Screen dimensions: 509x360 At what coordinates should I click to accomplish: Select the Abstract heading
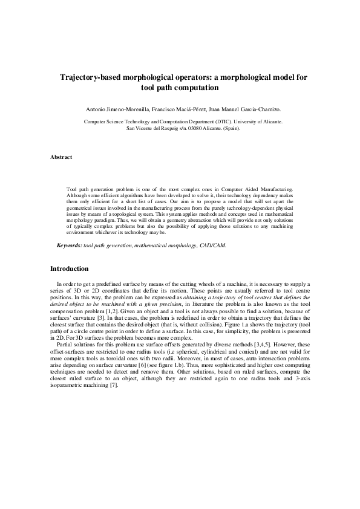point(61,157)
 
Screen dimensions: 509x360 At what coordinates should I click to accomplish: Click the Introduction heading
point(69,268)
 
